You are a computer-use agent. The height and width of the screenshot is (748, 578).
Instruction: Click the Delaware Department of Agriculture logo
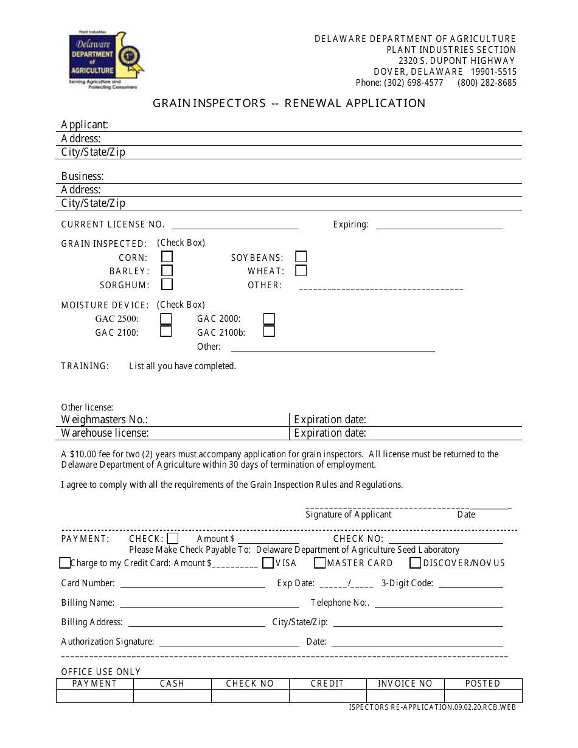[x=106, y=59]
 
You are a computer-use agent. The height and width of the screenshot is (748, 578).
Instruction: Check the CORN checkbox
[x=167, y=257]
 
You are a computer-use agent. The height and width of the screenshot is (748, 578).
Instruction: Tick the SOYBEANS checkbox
[x=301, y=257]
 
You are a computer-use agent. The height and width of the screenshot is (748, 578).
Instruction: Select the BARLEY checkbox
[x=167, y=271]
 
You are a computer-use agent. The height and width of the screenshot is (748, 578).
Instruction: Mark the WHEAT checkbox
[x=301, y=271]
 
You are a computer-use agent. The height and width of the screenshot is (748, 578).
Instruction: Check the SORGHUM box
[x=167, y=284]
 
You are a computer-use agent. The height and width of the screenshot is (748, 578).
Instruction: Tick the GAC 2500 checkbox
[x=165, y=319]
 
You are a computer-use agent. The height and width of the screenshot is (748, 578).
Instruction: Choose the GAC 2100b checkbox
[x=269, y=331]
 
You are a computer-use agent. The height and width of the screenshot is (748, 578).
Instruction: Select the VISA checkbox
[x=268, y=563]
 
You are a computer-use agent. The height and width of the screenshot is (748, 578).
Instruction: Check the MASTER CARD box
[x=319, y=563]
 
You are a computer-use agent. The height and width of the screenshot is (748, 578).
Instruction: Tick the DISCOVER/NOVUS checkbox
[x=416, y=563]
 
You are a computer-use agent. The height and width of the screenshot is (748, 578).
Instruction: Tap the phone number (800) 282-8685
[x=487, y=83]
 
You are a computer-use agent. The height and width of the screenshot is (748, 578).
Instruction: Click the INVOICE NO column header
[x=405, y=684]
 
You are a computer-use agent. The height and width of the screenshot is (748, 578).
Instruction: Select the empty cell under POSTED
[x=483, y=696]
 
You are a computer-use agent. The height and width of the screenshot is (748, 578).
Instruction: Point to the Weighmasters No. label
[x=105, y=420]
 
